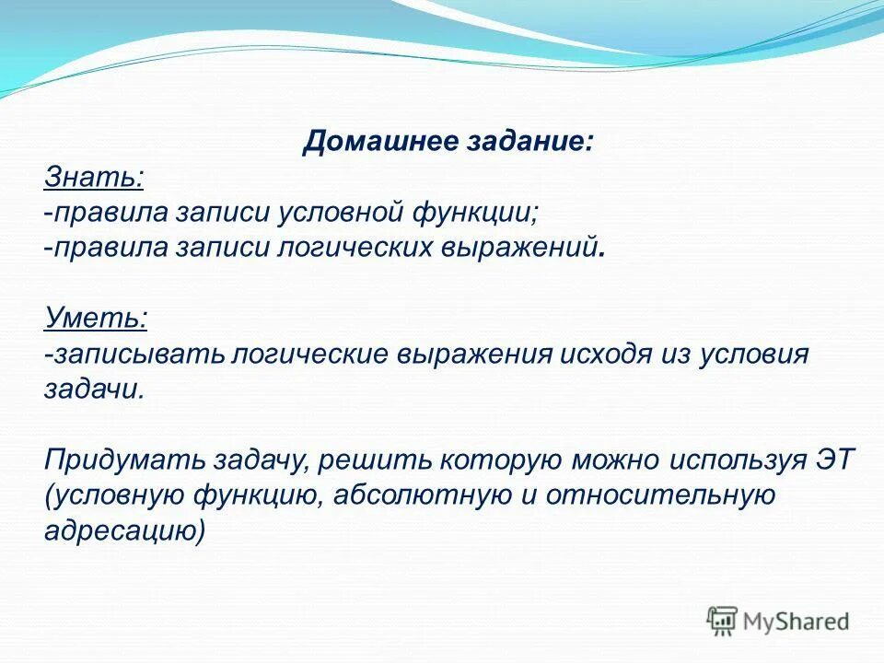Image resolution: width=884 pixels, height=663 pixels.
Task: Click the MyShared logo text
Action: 797,622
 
